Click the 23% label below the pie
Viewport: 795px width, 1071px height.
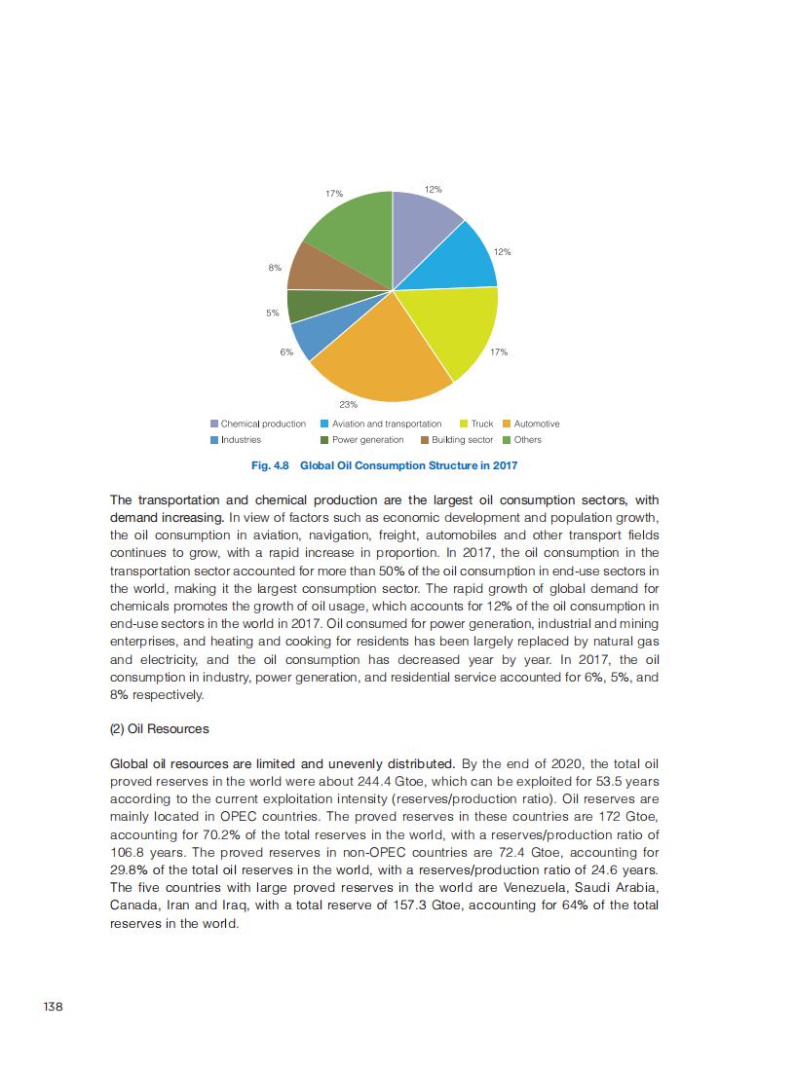tap(348, 403)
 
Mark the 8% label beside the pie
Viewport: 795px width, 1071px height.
tap(275, 267)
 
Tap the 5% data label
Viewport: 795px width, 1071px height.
tap(273, 314)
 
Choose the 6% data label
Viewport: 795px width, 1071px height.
tap(286, 351)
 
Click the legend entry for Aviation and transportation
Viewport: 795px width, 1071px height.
tap(386, 424)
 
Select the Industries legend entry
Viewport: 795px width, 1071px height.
tap(241, 440)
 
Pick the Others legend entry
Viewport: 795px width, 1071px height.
tap(527, 440)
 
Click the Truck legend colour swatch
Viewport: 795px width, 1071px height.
tap(463, 424)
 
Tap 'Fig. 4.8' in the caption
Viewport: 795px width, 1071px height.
tap(271, 466)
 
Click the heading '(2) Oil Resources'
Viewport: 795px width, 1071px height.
tap(160, 729)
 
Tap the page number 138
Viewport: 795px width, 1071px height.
tap(53, 1006)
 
